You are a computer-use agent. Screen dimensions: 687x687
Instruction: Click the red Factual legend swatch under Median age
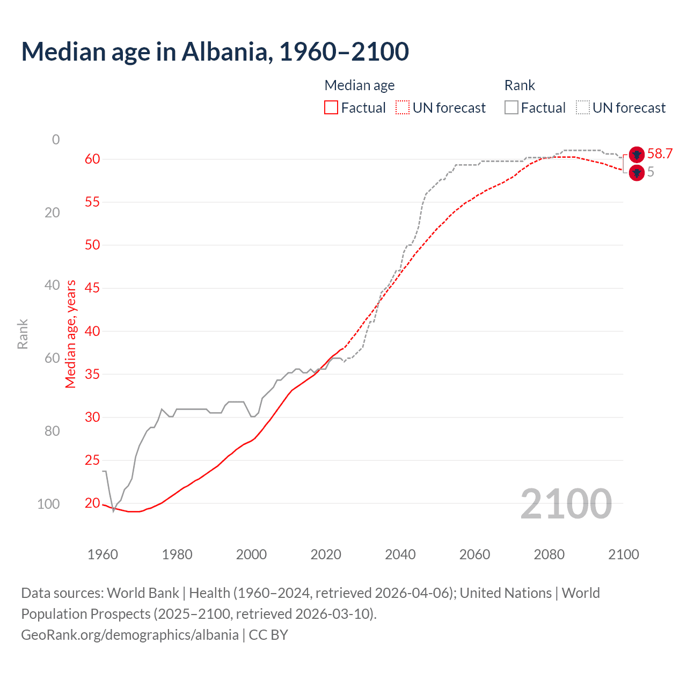click(331, 108)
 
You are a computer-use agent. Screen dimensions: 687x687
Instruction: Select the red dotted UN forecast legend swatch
click(403, 108)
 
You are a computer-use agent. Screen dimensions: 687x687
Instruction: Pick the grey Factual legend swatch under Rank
click(511, 108)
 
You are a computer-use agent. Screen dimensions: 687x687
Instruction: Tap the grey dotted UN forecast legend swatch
click(583, 108)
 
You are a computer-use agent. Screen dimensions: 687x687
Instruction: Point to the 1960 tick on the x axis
click(103, 554)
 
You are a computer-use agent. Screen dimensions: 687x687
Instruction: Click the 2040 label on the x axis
click(400, 554)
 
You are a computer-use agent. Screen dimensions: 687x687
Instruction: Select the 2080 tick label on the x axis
click(549, 554)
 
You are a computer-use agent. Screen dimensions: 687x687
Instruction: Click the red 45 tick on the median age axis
click(92, 288)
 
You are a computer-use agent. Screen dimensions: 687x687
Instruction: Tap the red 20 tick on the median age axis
click(92, 503)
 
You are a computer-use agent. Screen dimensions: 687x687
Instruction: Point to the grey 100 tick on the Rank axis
click(48, 504)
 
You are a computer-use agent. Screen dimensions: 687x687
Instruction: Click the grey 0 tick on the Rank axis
click(56, 140)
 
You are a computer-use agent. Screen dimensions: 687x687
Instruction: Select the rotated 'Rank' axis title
click(23, 334)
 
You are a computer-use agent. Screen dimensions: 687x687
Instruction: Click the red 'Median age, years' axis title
click(71, 334)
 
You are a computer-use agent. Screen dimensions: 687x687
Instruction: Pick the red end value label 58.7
click(660, 154)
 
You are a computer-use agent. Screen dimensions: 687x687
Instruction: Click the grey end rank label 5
click(651, 172)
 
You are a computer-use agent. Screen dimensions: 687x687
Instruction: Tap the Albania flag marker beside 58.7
click(637, 155)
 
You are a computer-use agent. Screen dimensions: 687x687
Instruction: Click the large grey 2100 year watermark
click(566, 504)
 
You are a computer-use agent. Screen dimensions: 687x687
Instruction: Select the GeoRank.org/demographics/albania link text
click(130, 635)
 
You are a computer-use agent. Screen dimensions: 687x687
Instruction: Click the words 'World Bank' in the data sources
click(143, 593)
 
